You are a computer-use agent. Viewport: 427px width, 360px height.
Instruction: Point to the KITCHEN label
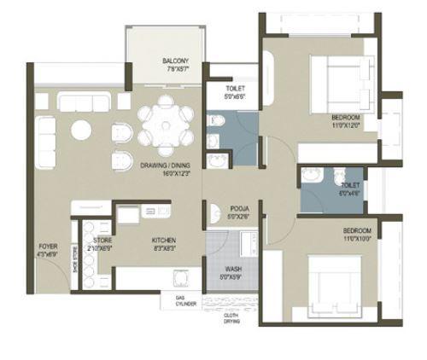164,241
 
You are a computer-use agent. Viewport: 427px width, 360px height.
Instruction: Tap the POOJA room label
238,208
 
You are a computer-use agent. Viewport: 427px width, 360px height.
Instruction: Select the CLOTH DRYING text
231,319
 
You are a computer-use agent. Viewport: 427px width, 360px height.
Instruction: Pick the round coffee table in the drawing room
81,130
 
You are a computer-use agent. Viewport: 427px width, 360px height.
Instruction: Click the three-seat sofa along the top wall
84,101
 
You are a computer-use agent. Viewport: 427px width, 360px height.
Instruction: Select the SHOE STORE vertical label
74,257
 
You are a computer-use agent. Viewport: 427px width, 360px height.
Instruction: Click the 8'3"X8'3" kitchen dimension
164,248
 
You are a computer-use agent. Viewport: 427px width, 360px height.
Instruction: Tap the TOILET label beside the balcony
236,89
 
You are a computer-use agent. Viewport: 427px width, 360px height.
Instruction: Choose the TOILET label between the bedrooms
349,184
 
